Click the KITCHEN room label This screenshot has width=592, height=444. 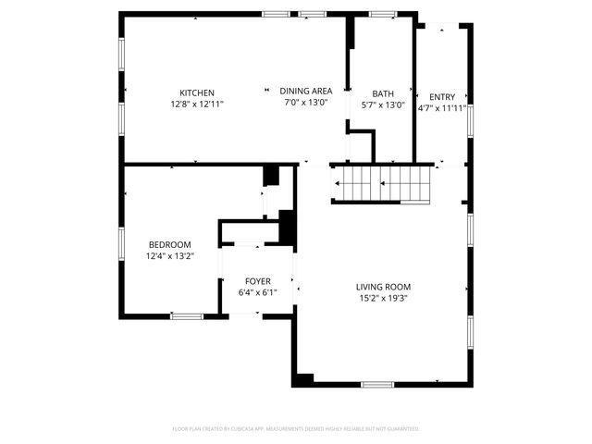pos(197,92)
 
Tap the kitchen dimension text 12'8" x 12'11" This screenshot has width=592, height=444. pos(197,105)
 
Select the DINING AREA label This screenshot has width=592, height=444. pos(306,91)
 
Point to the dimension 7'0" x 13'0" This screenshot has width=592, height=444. pos(306,103)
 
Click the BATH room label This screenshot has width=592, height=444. pos(383,93)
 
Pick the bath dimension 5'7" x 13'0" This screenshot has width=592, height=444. pos(383,105)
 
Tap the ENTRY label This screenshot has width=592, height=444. pos(441,96)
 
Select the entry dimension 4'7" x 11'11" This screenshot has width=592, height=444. pos(442,108)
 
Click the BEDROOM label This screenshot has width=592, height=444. pos(169,244)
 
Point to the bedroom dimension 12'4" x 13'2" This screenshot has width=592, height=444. pos(169,256)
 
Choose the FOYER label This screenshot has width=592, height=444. pos(257,280)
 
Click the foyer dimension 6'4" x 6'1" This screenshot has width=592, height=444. pos(257,292)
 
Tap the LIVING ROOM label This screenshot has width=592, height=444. pos(384,287)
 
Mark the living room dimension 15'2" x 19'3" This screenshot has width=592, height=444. pos(384,299)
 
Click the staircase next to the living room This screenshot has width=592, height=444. pos(382,183)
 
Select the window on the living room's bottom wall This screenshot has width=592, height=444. pos(376,385)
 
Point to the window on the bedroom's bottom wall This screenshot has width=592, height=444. pos(187,316)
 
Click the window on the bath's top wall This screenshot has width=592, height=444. pos(382,14)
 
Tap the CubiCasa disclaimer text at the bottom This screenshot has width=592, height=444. pos(296,429)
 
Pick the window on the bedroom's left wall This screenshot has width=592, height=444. pos(120,243)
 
